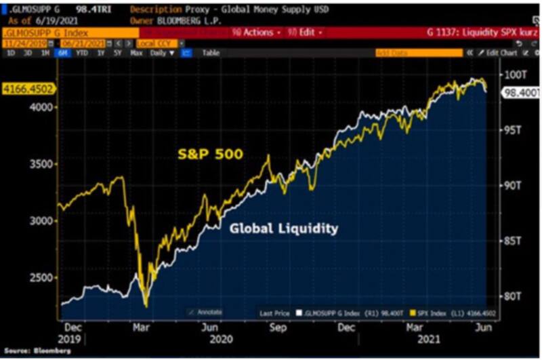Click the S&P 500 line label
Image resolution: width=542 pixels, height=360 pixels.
[209, 155]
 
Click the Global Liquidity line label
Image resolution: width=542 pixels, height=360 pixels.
[283, 228]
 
